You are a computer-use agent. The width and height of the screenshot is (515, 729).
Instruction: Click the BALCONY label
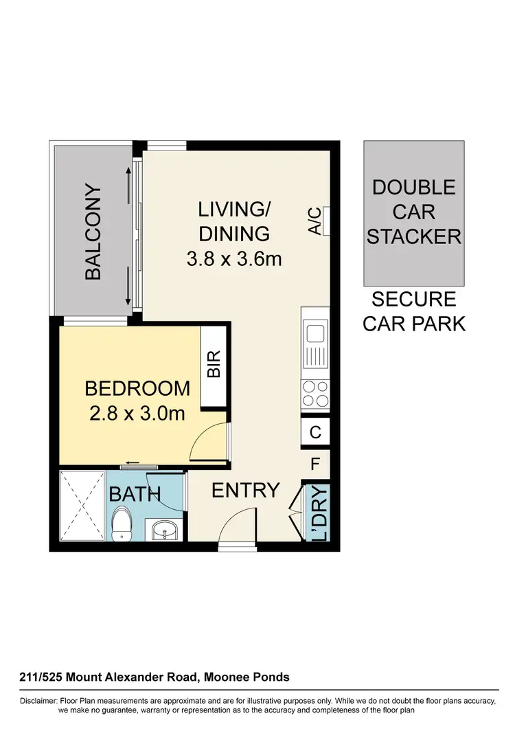pyautogui.click(x=93, y=232)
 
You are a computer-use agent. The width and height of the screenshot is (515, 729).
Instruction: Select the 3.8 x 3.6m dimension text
pyautogui.click(x=234, y=259)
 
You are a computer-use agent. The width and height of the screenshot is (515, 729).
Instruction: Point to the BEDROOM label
pyautogui.click(x=137, y=388)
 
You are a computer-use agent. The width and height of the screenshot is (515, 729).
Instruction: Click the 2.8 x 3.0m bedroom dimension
pyautogui.click(x=137, y=414)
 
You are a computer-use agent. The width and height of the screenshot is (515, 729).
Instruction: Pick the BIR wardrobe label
pyautogui.click(x=214, y=365)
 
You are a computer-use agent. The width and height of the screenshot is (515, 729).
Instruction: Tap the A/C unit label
pyautogui.click(x=314, y=221)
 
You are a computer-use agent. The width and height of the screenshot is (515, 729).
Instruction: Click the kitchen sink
pyautogui.click(x=316, y=335)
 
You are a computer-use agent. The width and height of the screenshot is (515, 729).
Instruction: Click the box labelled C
pyautogui.click(x=316, y=433)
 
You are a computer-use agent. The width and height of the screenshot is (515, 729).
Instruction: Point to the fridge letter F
pyautogui.click(x=316, y=464)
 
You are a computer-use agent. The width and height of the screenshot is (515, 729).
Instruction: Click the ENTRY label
pyautogui.click(x=245, y=491)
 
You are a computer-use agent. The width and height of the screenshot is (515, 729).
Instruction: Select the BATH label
pyautogui.click(x=135, y=493)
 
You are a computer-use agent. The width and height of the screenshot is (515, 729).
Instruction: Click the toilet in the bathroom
pyautogui.click(x=123, y=524)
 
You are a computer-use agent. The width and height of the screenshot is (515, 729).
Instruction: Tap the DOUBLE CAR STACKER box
pyautogui.click(x=413, y=212)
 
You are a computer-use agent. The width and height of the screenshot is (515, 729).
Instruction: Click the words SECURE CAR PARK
pyautogui.click(x=413, y=311)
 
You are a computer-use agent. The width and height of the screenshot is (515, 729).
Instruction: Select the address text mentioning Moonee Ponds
pyautogui.click(x=154, y=677)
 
